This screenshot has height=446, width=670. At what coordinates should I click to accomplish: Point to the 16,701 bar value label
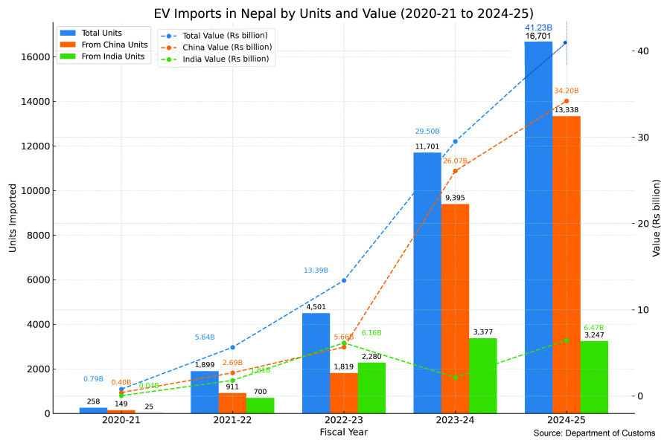(538, 36)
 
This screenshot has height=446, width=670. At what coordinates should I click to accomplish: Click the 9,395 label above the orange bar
(455, 198)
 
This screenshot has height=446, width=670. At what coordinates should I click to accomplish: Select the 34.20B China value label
(567, 91)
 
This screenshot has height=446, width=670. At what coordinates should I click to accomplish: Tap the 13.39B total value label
(316, 271)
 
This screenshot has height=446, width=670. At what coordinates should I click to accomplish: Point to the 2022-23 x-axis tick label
(343, 421)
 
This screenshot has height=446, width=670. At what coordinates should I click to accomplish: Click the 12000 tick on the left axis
(35, 146)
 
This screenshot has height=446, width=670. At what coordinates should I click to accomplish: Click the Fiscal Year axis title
(343, 432)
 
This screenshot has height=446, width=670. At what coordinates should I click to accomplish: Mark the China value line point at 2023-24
(455, 171)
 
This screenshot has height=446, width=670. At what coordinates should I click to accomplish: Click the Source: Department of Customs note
(594, 433)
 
